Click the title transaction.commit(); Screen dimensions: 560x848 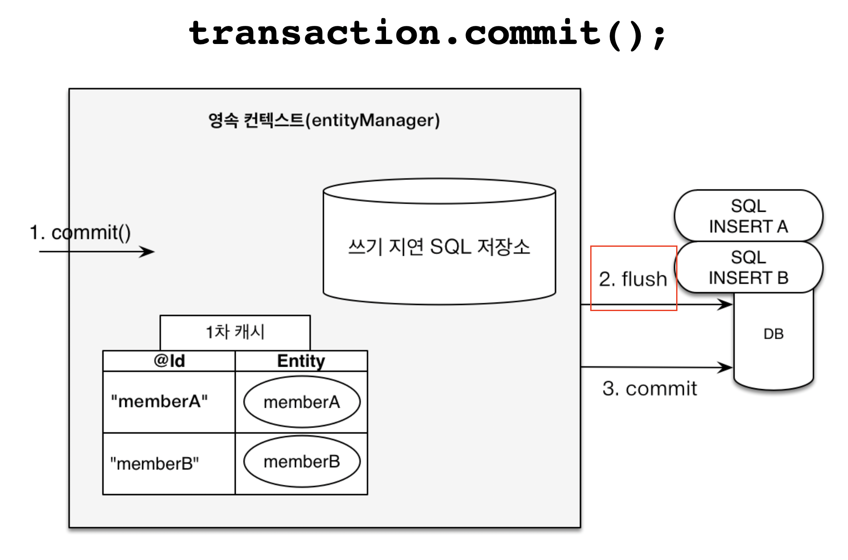tap(427, 34)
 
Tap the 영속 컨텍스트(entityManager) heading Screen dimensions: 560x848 tap(324, 120)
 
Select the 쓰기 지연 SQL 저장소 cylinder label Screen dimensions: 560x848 tap(439, 247)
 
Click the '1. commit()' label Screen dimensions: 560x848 tap(80, 233)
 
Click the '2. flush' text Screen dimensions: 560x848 tap(633, 279)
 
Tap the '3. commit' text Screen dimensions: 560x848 tap(649, 388)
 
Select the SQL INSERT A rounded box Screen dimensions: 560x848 tap(748, 216)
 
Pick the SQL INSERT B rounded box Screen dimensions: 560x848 tap(748, 267)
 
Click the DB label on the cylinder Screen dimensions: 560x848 tap(773, 334)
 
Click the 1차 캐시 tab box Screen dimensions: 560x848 tap(235, 332)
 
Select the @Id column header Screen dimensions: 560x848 tap(169, 361)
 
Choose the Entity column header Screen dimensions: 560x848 tap(301, 361)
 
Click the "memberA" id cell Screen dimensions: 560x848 tap(159, 401)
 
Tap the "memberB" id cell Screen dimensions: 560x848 tap(155, 464)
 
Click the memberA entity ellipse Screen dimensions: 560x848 tap(302, 402)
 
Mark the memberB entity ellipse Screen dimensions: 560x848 tap(302, 462)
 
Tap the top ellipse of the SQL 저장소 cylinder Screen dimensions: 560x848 tap(439, 191)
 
